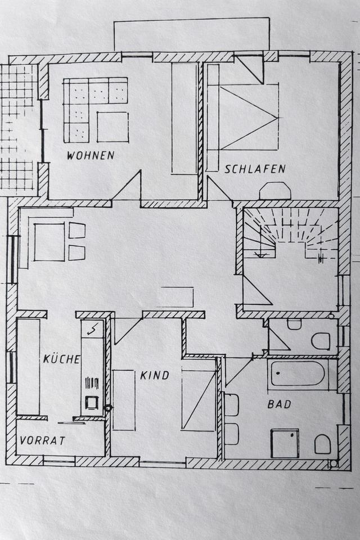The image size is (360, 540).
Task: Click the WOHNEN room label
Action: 91,155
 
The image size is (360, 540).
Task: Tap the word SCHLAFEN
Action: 255,169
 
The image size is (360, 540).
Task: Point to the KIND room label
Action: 154,375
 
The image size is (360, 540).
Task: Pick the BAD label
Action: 279,404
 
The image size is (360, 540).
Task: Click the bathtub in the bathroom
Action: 297,374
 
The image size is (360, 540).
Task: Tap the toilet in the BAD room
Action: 322,444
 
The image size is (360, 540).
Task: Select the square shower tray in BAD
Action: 285,443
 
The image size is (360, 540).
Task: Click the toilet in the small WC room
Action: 321,341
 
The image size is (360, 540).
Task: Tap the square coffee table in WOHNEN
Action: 112,127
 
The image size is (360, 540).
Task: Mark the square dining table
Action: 49,242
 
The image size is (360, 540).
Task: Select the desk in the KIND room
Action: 124,400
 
